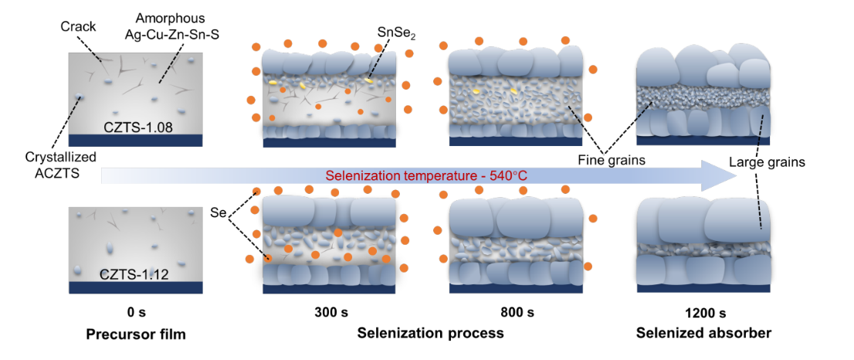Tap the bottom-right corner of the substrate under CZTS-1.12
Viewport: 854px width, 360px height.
[205, 293]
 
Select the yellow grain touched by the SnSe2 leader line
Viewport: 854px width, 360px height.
[369, 80]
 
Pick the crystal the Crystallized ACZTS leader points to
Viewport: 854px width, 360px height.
[80, 97]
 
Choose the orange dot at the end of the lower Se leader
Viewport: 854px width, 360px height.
[267, 258]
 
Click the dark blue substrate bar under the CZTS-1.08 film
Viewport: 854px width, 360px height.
[136, 140]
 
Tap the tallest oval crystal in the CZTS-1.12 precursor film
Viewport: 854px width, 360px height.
[109, 248]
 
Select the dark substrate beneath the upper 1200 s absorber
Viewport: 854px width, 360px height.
[703, 141]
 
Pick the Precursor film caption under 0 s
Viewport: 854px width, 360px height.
[136, 335]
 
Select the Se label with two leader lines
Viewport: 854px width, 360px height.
[217, 212]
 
